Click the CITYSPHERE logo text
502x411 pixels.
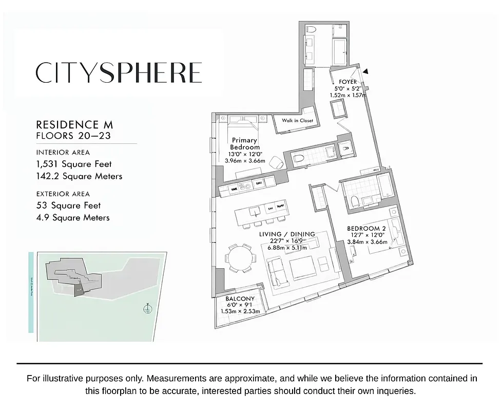coord(119,72)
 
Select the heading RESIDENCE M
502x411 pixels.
coord(74,125)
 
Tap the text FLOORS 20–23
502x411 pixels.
coord(73,136)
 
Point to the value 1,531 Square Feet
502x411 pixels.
coord(74,164)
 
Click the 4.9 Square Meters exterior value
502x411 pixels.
coord(73,217)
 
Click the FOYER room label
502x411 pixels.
coord(348,82)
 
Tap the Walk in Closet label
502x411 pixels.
coord(297,121)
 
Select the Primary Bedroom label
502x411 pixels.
coord(245,143)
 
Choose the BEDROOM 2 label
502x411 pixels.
coord(366,228)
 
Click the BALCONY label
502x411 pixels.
coord(240,298)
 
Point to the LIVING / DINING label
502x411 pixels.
coord(287,234)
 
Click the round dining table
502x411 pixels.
coord(240,256)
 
